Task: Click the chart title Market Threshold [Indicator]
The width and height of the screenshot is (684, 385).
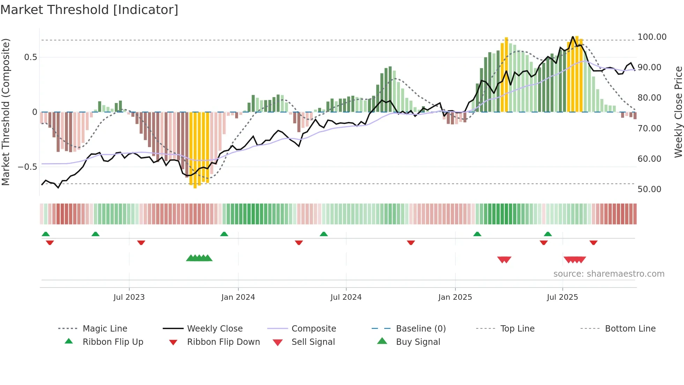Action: pyautogui.click(x=89, y=10)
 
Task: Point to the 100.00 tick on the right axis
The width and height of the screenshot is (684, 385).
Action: pyautogui.click(x=652, y=37)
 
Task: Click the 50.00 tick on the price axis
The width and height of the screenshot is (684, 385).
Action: pyautogui.click(x=649, y=189)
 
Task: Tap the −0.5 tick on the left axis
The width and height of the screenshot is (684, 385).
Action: pyautogui.click(x=28, y=167)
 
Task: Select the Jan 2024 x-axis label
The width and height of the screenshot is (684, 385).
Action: pyautogui.click(x=238, y=297)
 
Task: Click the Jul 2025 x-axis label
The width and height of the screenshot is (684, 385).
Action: pyautogui.click(x=562, y=297)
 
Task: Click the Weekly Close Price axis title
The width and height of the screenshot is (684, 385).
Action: pyautogui.click(x=678, y=112)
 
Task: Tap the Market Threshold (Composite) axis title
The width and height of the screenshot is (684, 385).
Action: pyautogui.click(x=6, y=112)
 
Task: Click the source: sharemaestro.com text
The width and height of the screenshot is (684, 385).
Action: pyautogui.click(x=609, y=274)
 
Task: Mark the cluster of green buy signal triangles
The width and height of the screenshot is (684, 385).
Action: pyautogui.click(x=199, y=258)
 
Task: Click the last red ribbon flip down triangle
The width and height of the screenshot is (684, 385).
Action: pyautogui.click(x=593, y=242)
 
